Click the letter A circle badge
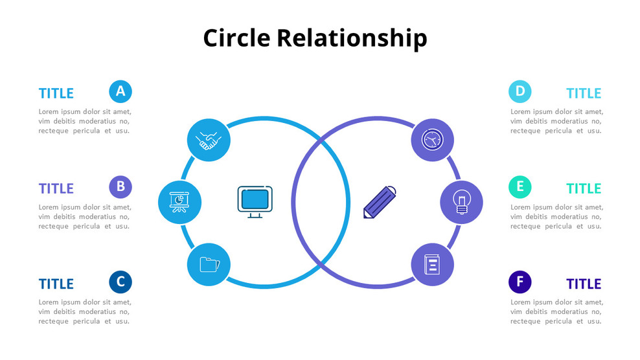[120, 91]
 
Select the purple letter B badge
[120, 187]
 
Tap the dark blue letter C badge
[120, 282]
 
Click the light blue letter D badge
[520, 91]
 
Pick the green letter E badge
[520, 187]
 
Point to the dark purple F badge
[520, 282]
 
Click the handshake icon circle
[209, 140]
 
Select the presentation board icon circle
[179, 203]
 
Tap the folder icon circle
[209, 264]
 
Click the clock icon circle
[432, 140]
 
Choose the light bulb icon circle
[461, 202]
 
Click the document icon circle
[432, 264]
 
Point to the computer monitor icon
[255, 201]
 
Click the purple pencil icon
[380, 202]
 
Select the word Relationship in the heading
[352, 39]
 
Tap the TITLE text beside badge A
[56, 93]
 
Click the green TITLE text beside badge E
[584, 188]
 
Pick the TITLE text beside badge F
[584, 284]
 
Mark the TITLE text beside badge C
[56, 284]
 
